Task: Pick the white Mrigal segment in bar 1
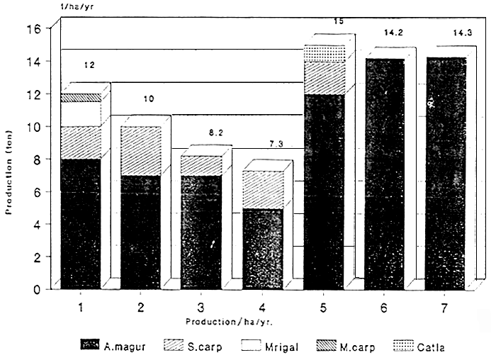80,114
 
